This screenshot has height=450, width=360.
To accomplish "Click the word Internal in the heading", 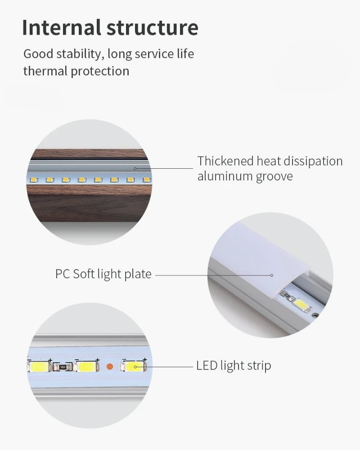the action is pyautogui.click(x=61, y=27).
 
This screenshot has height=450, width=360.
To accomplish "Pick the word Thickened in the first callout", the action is pyautogui.click(x=225, y=161).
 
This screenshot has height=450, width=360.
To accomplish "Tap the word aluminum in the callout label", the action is pyautogui.click(x=225, y=176).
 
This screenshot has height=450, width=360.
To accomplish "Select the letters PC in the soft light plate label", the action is pyautogui.click(x=63, y=274).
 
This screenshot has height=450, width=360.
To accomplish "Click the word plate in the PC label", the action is pyautogui.click(x=138, y=274).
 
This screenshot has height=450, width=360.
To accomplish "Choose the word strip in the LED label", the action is pyautogui.click(x=258, y=365).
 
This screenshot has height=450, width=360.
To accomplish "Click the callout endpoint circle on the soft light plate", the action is pyautogui.click(x=271, y=274).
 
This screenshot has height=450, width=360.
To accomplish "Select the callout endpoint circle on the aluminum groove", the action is pyautogui.click(x=135, y=168).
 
